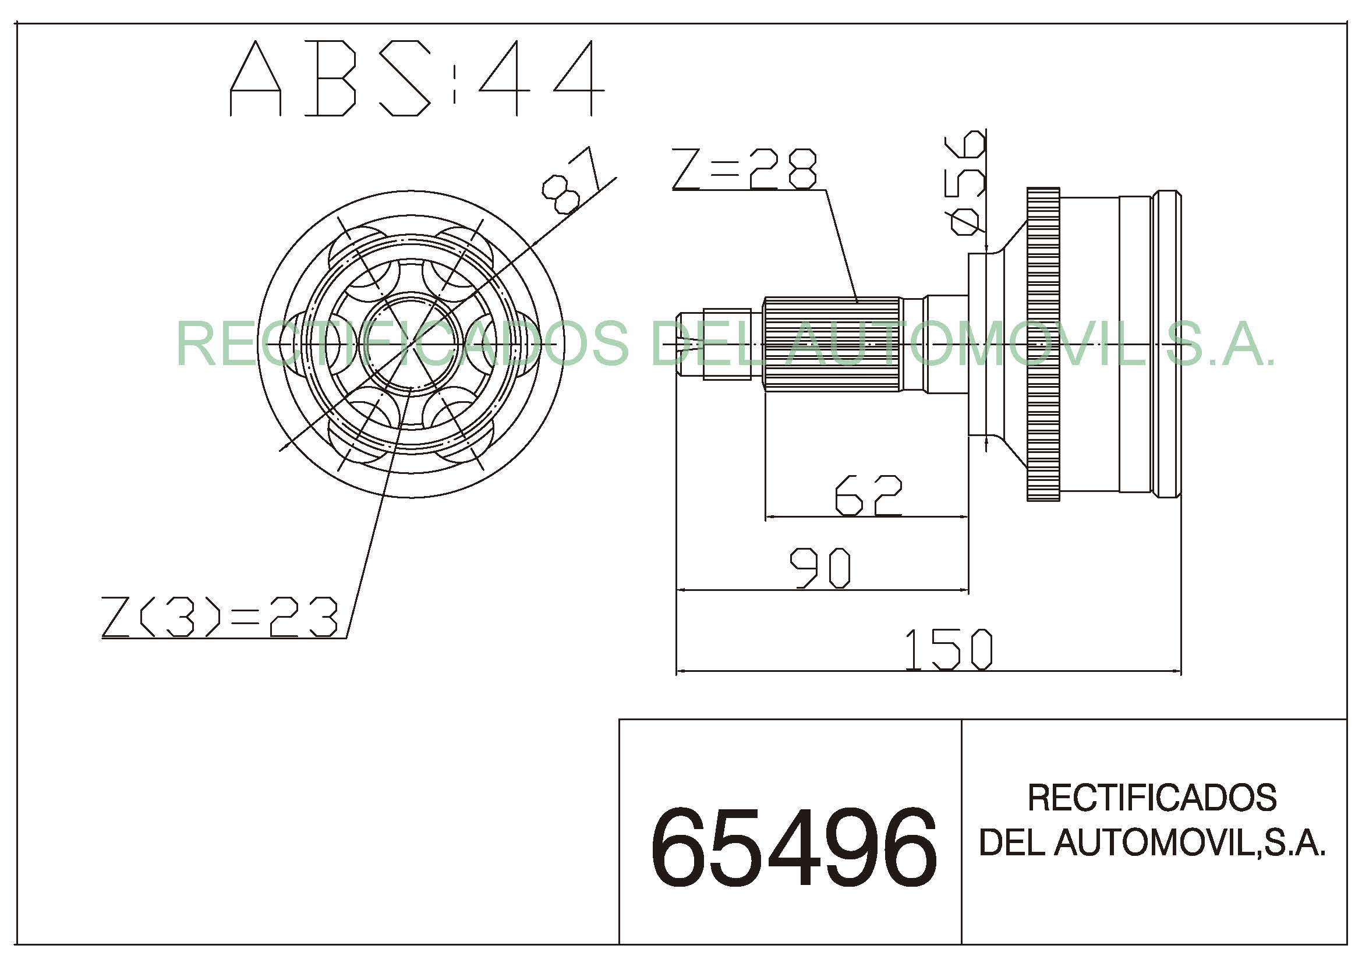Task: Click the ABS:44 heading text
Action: click(417, 78)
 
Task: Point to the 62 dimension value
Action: click(868, 494)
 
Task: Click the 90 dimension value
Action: click(821, 568)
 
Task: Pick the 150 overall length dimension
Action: click(949, 649)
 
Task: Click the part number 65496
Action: click(794, 848)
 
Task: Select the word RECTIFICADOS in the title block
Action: click(1152, 798)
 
